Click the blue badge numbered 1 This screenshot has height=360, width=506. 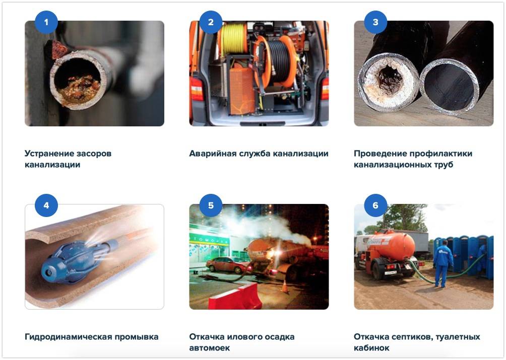[46, 22]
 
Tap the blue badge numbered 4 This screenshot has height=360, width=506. [46, 205]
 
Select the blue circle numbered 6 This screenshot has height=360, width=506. [375, 205]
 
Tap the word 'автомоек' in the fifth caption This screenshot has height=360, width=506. [210, 348]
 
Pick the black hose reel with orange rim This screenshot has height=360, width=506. [275, 61]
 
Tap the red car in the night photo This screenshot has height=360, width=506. [228, 264]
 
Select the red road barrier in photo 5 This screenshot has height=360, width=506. [235, 297]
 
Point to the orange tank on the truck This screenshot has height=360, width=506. [391, 246]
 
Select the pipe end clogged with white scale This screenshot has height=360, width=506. [389, 82]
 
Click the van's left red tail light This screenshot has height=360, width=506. [197, 89]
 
